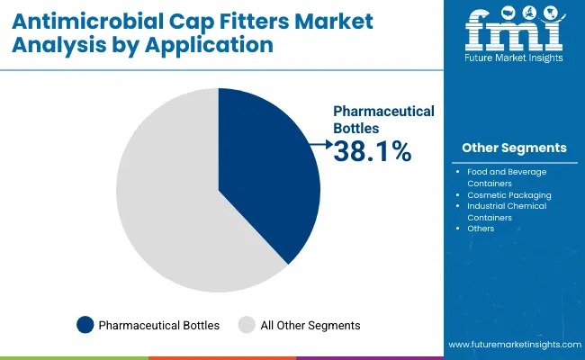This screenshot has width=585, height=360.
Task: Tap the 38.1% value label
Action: coord(373,153)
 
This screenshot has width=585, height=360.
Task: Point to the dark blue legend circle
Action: coord(85,325)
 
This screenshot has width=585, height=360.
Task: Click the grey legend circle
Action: coord(246,325)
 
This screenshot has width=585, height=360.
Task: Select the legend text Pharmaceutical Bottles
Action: coord(159,325)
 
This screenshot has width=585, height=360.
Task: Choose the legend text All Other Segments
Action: coord(310,325)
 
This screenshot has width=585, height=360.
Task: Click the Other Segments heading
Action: coord(514,148)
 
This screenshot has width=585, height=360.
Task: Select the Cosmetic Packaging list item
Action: coord(509,194)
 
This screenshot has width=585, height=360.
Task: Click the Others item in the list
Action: coord(481,229)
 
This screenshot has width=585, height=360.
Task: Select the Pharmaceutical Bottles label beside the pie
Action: coord(383,120)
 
